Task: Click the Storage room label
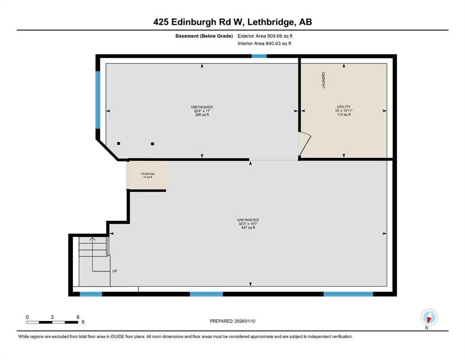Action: coord(148,175)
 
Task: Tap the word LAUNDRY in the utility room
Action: coord(323,80)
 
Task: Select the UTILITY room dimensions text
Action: coord(343,111)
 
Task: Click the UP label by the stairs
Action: coord(114,271)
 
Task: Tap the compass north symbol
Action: coord(428,318)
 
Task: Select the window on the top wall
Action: coord(259,56)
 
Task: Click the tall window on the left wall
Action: coord(98,99)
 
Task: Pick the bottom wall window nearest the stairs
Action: coord(91,294)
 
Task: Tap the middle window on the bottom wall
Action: coord(206,294)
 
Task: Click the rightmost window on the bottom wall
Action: coord(348,294)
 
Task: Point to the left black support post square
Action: coord(119,143)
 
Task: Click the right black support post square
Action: coord(153,144)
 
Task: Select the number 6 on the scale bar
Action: coord(77,317)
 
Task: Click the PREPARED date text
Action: coord(233,321)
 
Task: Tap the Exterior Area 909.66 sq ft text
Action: coord(267,36)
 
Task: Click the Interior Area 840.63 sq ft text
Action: coord(265,44)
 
